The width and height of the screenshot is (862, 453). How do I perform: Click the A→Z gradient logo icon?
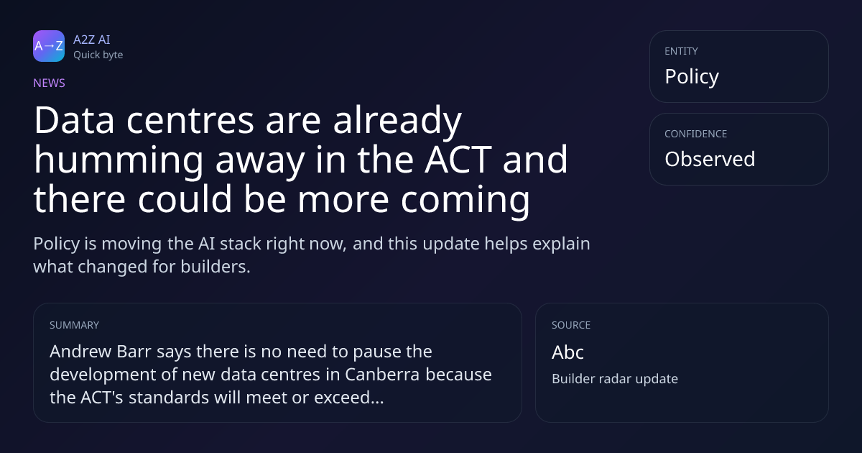(x=49, y=46)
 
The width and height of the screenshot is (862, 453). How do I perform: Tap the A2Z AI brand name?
(x=92, y=40)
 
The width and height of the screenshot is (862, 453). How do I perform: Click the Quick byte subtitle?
(x=98, y=55)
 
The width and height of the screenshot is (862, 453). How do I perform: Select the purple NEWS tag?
(x=50, y=83)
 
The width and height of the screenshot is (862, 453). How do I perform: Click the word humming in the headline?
(x=119, y=161)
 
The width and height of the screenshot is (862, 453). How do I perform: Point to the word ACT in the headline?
(x=458, y=159)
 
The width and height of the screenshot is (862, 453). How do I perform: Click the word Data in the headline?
(x=74, y=120)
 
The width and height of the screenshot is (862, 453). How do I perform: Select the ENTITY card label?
(x=681, y=51)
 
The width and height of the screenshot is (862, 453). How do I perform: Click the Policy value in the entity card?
(x=692, y=77)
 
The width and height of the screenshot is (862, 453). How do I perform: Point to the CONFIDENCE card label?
(x=696, y=134)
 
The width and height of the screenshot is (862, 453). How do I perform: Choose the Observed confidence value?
(x=710, y=159)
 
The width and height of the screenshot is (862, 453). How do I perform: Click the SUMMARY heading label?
(x=74, y=325)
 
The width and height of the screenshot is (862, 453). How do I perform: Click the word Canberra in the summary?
(x=381, y=375)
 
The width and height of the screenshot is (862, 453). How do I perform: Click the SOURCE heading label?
(x=571, y=325)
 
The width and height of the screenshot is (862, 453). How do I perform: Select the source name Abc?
(x=567, y=352)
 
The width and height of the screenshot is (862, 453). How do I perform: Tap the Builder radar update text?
(x=615, y=379)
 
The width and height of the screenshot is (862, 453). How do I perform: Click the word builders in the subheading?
(x=215, y=267)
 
